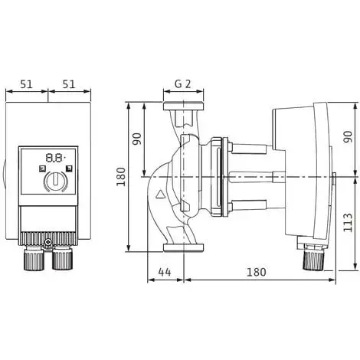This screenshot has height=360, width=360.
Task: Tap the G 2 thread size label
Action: point(182,83)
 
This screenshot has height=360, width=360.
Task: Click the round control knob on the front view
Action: point(55,182)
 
